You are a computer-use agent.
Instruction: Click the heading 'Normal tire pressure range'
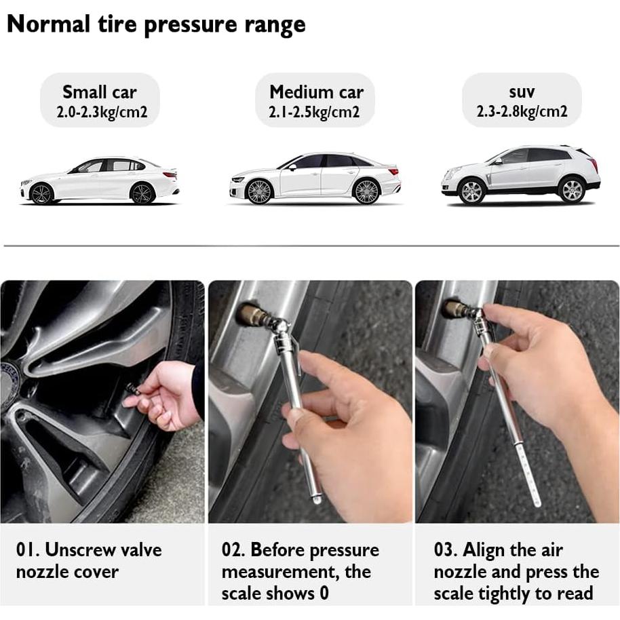pyautogui.click(x=156, y=24)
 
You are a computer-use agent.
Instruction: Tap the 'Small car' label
pyautogui.click(x=100, y=92)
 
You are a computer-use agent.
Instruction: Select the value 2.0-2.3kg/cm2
pyautogui.click(x=102, y=113)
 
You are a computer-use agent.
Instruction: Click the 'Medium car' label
pyautogui.click(x=316, y=92)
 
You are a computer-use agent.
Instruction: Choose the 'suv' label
pyautogui.click(x=522, y=91)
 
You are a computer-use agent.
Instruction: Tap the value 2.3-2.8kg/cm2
pyautogui.click(x=522, y=112)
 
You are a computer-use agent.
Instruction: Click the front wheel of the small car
pyautogui.click(x=42, y=194)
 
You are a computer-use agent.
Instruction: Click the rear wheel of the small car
pyautogui.click(x=142, y=193)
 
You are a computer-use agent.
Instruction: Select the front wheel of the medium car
pyautogui.click(x=259, y=191)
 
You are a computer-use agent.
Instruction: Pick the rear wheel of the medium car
pyautogui.click(x=367, y=191)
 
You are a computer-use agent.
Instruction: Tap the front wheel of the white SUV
pyautogui.click(x=471, y=191)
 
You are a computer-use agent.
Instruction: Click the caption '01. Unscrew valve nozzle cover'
pyautogui.click(x=89, y=560)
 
